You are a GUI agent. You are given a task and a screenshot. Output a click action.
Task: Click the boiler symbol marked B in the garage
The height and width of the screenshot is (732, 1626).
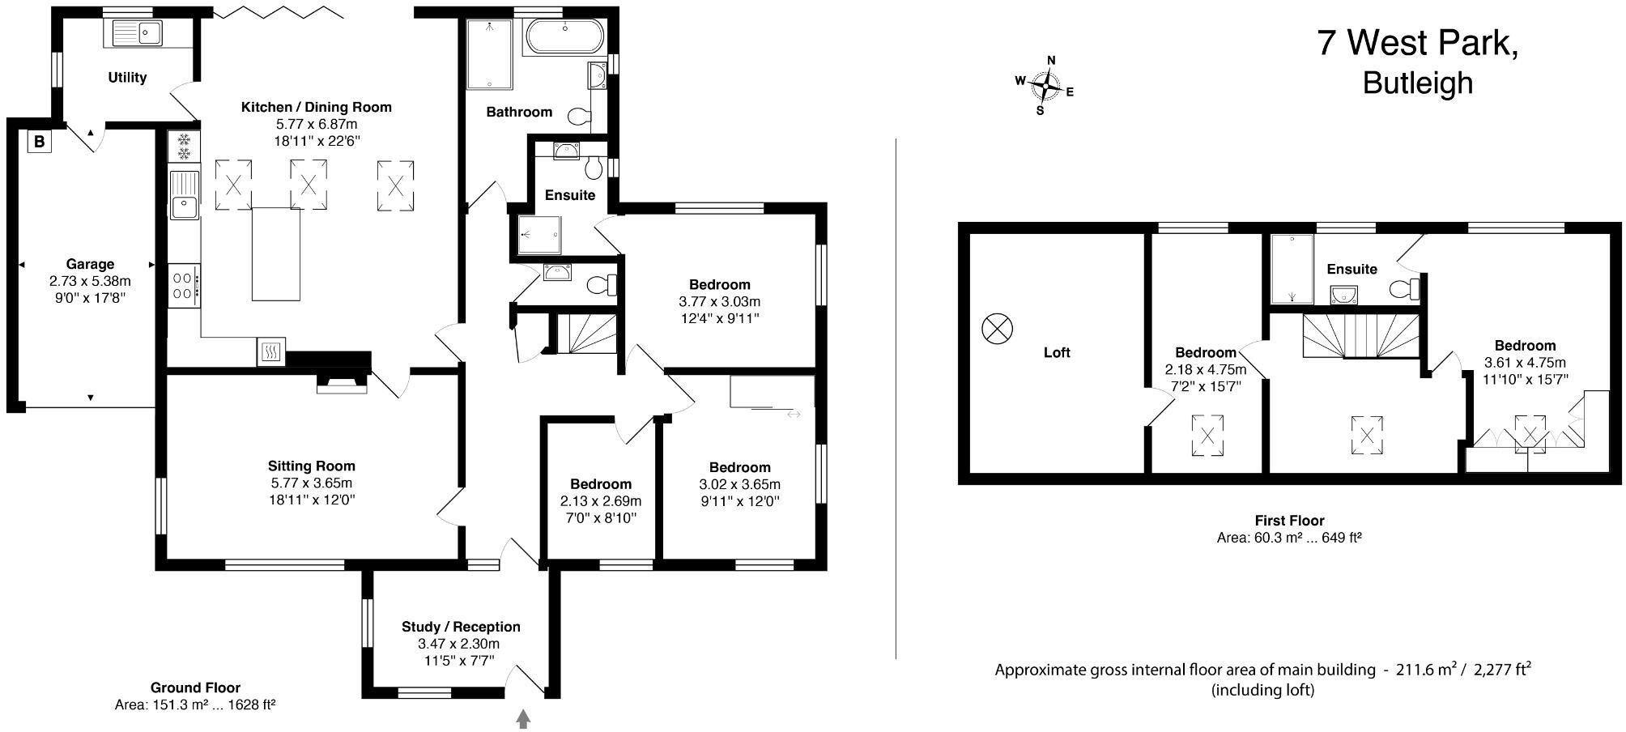[39, 143]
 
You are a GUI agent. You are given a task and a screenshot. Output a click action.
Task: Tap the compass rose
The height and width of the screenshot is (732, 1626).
[1046, 83]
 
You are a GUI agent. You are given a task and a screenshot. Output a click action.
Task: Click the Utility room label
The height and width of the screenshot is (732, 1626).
[127, 78]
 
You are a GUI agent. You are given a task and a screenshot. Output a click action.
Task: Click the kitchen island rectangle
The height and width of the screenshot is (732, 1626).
[275, 253]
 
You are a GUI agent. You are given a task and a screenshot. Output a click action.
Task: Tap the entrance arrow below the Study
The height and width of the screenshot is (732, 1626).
[523, 718]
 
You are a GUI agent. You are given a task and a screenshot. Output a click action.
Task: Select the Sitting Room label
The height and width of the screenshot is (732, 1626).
[312, 466]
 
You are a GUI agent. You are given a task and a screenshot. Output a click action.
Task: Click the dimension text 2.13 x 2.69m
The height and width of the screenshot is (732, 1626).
[600, 501]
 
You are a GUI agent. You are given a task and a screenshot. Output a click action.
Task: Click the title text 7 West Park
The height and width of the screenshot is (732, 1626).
[1417, 43]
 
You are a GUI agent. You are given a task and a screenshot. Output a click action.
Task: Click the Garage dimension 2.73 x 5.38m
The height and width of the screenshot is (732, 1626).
[90, 281]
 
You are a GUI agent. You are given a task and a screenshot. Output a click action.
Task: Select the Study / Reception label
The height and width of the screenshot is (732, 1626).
[461, 627]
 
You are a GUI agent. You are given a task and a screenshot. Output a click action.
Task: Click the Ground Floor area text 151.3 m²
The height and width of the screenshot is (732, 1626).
[195, 704]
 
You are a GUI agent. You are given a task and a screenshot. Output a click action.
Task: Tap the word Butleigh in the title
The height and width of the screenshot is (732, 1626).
[1417, 83]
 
